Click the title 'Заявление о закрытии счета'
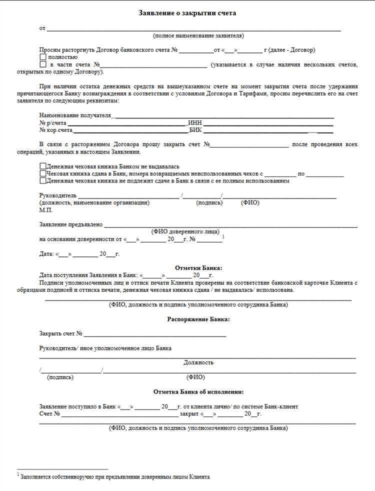point(187,13)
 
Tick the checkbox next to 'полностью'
point(42,57)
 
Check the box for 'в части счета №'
point(42,64)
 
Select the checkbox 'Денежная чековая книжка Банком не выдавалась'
point(42,166)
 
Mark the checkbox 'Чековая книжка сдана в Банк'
point(42,173)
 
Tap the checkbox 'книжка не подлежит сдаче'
point(42,180)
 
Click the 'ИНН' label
point(195,123)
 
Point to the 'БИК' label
point(195,130)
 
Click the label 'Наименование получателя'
point(74,116)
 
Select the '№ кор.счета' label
point(55,130)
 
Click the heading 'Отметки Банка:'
point(198,268)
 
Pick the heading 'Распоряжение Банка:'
point(198,319)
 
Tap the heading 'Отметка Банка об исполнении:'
point(198,392)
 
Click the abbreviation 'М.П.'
point(45,210)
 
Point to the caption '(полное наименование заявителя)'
point(198,36)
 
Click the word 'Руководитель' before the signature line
point(57,195)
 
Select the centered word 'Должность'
point(198,362)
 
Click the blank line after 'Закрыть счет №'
point(155,335)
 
